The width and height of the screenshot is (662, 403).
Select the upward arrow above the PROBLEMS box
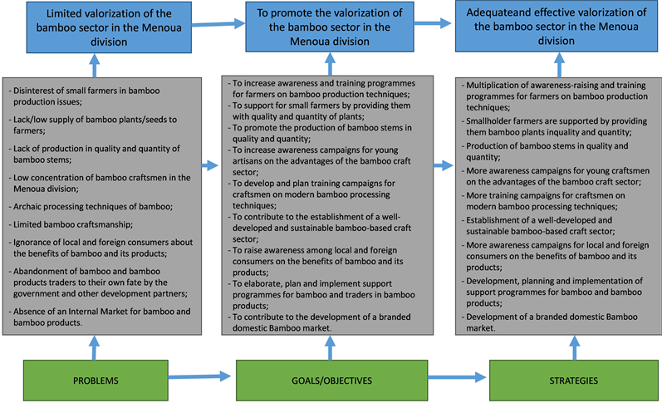coord(94,346)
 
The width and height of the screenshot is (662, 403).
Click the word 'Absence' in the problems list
coord(31,311)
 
